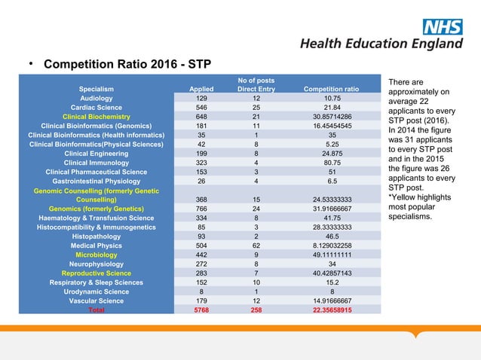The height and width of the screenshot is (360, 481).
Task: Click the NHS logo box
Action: pos(442,28)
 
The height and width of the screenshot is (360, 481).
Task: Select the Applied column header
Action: pos(201,89)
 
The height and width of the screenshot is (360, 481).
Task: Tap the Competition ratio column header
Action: pos(330,89)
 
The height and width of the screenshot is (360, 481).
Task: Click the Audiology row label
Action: pos(97,98)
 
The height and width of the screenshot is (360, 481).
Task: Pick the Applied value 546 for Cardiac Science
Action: pos(201,108)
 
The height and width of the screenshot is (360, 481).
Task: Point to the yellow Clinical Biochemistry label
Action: pos(97,117)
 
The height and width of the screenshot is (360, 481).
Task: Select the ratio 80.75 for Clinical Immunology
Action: pos(330,162)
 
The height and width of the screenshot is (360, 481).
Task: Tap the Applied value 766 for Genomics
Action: pos(201,209)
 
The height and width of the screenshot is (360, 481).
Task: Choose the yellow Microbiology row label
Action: pos(97,255)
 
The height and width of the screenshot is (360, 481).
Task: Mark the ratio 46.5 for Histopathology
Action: pos(330,236)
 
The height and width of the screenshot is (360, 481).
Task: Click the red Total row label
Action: pos(97,310)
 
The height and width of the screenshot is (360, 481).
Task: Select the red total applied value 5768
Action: pos(201,310)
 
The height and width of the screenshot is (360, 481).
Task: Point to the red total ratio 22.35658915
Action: pos(330,310)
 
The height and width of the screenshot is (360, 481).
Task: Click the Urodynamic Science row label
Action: pos(97,291)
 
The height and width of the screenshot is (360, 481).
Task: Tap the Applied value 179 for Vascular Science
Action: pos(201,301)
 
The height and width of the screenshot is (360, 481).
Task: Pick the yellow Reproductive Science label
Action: pos(97,273)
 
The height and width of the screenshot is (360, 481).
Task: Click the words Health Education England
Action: pos(381,44)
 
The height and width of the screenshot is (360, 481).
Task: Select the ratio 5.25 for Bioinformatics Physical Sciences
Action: pos(330,144)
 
